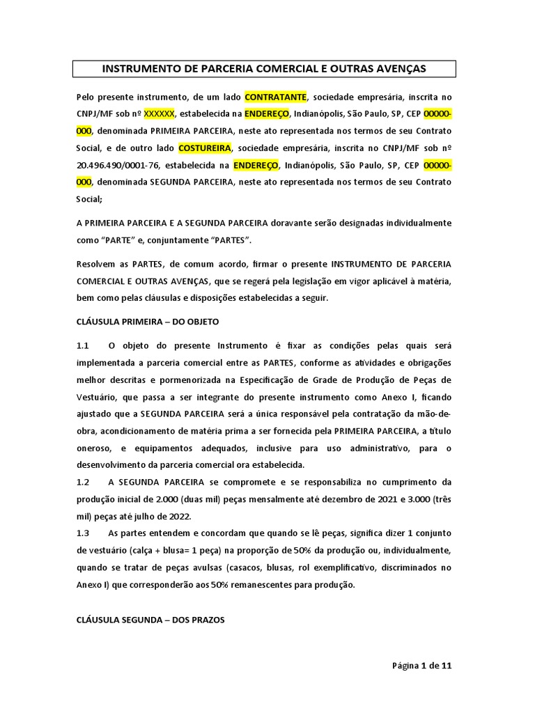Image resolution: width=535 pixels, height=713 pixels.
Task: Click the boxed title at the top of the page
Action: pos(265,68)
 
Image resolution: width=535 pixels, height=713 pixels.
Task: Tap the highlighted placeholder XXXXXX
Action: pos(159,113)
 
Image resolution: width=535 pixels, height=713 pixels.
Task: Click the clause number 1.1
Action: pos(83,345)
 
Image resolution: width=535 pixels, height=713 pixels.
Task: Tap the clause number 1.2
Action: pos(83,482)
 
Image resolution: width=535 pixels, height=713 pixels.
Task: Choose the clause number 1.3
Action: pos(83,533)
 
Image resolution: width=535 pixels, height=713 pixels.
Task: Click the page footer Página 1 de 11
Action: pos(422,666)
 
